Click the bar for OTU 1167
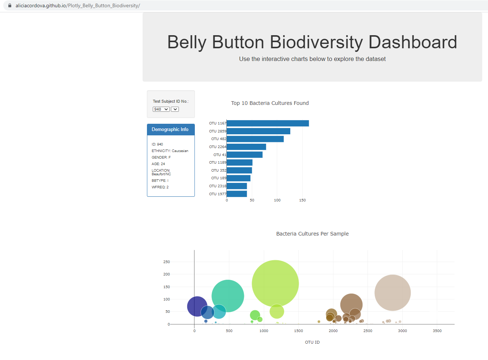pyautogui.click(x=267, y=123)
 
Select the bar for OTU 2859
pyautogui.click(x=258, y=131)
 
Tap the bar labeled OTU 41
pyautogui.click(x=244, y=155)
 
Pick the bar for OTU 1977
pyautogui.click(x=237, y=194)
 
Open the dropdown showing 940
pyautogui.click(x=161, y=109)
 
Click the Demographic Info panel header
pyautogui.click(x=171, y=130)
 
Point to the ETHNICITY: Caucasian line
pyautogui.click(x=170, y=151)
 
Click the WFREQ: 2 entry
pyautogui.click(x=160, y=187)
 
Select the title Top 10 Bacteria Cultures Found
pyautogui.click(x=270, y=103)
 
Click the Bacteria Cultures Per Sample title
pyautogui.click(x=312, y=234)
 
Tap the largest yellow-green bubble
pyautogui.click(x=275, y=283)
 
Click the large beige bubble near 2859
pyautogui.click(x=392, y=292)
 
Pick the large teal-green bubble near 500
pyautogui.click(x=227, y=295)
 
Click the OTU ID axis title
pyautogui.click(x=312, y=342)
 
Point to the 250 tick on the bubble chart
pyautogui.click(x=167, y=262)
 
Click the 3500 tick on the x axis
pyautogui.click(x=437, y=331)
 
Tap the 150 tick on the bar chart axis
pyautogui.click(x=302, y=200)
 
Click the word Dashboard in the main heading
pyautogui.click(x=413, y=42)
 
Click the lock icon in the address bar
pyautogui.click(x=10, y=5)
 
